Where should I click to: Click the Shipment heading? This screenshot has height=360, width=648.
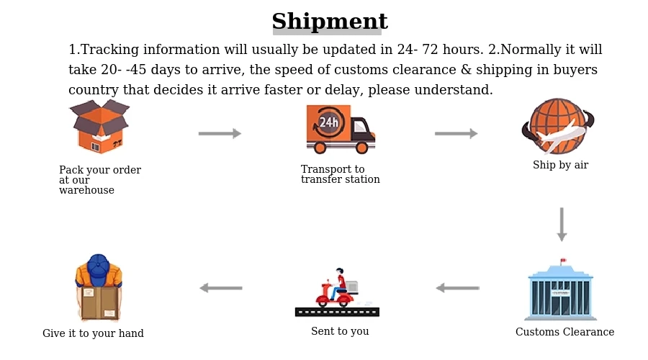[329, 22]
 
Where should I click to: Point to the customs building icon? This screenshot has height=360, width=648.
[562, 292]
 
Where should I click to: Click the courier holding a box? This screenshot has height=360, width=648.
[99, 288]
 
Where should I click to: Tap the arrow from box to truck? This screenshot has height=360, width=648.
[220, 133]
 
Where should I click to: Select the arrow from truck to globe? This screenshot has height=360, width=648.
[456, 133]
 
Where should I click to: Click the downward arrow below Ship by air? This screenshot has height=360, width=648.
[562, 225]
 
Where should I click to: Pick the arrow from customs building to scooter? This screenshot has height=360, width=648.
[458, 288]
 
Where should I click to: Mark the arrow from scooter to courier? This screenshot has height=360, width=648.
[221, 288]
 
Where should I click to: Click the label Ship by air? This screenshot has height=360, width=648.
[560, 165]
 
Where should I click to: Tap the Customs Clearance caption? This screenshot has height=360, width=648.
[564, 332]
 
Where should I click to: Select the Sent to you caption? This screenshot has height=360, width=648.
[340, 331]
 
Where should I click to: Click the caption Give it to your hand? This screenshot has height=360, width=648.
[93, 333]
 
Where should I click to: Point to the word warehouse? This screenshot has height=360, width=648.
[86, 191]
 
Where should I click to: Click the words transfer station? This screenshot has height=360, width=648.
[340, 180]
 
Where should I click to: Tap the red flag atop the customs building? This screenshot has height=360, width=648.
[564, 261]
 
